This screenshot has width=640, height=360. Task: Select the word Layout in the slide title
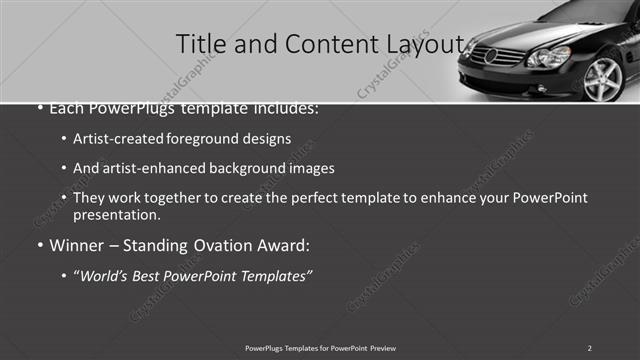point(421,45)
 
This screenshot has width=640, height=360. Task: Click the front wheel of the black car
point(602,79)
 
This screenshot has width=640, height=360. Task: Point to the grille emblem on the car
point(490,56)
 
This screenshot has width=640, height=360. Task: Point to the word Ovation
point(219,245)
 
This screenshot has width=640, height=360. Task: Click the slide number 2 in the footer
point(590,347)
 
